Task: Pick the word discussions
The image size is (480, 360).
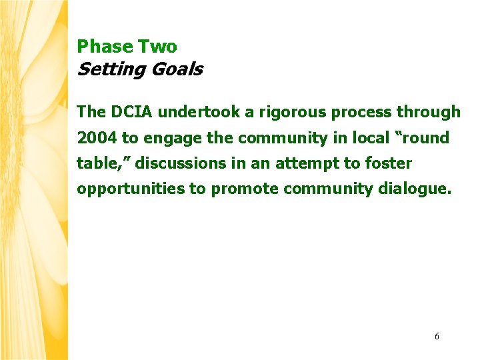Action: point(181,163)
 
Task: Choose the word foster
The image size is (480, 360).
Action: point(389,163)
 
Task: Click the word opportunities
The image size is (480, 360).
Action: point(131,189)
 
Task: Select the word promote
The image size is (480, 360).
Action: point(245,189)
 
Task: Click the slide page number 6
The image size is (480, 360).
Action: point(437,337)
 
